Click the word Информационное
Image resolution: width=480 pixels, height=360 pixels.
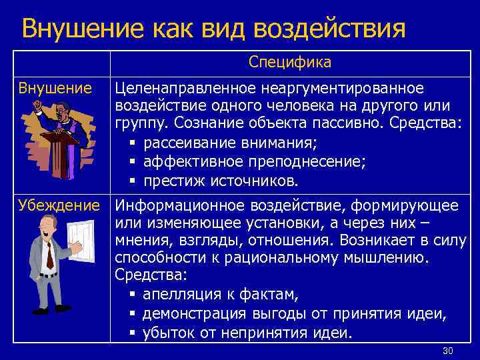click(x=168, y=205)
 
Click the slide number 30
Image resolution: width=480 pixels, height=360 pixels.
click(x=447, y=351)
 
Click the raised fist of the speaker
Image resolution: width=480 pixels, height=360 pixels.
click(x=40, y=105)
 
